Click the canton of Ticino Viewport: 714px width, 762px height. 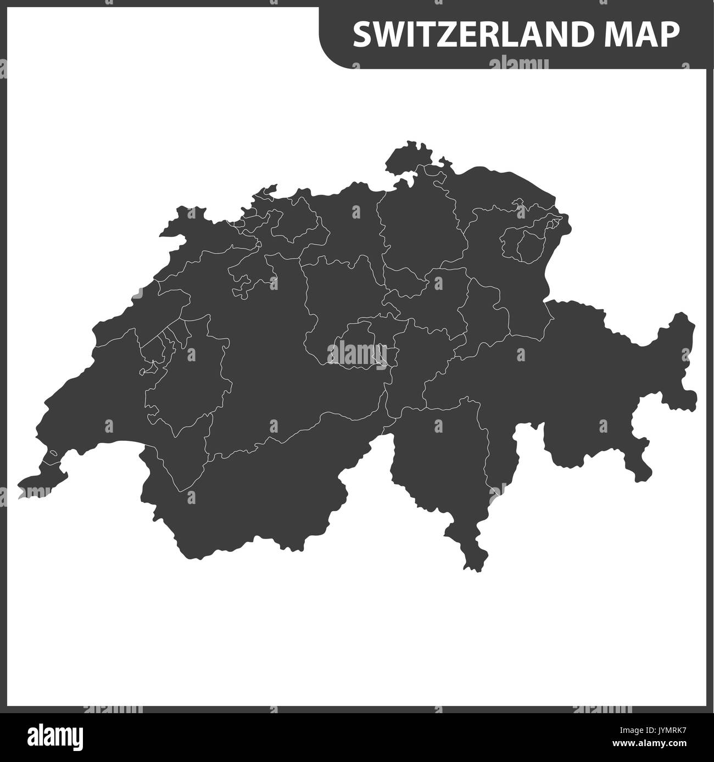point(439,467)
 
